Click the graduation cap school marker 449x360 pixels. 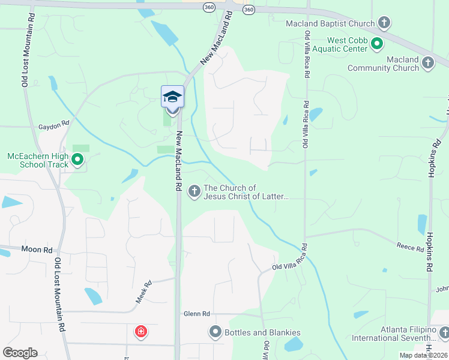tap(172, 98)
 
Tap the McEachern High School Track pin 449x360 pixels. tap(77, 159)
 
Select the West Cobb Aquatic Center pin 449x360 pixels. tap(376, 43)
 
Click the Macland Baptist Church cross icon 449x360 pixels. tap(385, 23)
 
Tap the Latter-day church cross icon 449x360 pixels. tap(194, 191)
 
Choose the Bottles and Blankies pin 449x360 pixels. tap(215, 331)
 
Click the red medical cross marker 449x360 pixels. tap(141, 331)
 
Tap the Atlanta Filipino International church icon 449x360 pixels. tap(444, 332)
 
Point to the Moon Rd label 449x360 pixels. tap(37, 248)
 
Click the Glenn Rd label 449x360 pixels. tap(197, 314)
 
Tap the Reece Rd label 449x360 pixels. tap(411, 246)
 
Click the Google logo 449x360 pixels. tap(20, 353)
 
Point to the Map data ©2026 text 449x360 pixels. tap(424, 355)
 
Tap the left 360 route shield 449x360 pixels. tap(208, 7)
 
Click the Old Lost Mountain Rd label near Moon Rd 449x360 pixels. tap(59, 294)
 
